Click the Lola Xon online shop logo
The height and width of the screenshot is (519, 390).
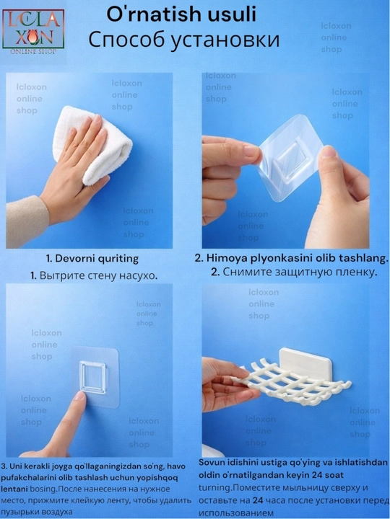tap(33, 32)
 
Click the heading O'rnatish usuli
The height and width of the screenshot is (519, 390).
tap(181, 15)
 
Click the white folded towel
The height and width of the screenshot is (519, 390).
tap(93, 145)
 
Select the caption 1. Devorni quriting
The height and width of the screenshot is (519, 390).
tap(92, 259)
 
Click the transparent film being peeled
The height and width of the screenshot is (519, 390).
tap(289, 156)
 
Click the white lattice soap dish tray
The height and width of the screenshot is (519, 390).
tap(292, 380)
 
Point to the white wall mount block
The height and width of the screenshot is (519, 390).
tap(305, 362)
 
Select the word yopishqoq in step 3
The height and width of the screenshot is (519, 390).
tap(159, 478)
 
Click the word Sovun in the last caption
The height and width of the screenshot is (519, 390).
tap(209, 463)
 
